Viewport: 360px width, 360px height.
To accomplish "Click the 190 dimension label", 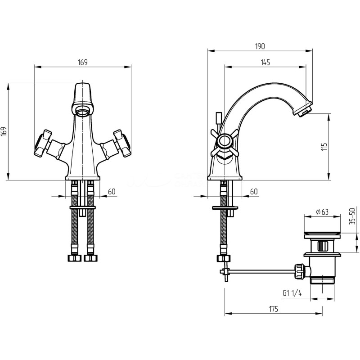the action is click(260, 46).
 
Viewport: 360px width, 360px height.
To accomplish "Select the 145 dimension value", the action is click(265, 62).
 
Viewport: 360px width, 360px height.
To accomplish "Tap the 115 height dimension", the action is click(324, 147).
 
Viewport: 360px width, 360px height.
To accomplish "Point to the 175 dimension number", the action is click(273, 309).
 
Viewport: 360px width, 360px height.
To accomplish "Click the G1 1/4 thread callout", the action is click(292, 293).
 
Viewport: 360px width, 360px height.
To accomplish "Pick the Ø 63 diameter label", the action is click(322, 211).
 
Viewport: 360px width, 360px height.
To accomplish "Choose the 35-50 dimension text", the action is click(352, 216).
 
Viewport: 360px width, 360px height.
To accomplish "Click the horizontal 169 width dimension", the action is click(83, 62).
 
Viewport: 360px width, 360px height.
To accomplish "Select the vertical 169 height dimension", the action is click(4, 131).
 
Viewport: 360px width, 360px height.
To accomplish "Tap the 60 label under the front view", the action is click(112, 192).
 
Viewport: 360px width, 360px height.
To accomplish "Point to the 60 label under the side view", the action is click(254, 192).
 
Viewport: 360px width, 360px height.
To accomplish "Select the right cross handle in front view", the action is click(122, 143).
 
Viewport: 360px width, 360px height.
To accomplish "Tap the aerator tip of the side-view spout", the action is click(303, 110).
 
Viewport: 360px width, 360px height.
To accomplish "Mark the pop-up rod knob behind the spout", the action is click(218, 117).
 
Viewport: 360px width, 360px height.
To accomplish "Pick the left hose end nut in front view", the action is click(75, 258).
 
